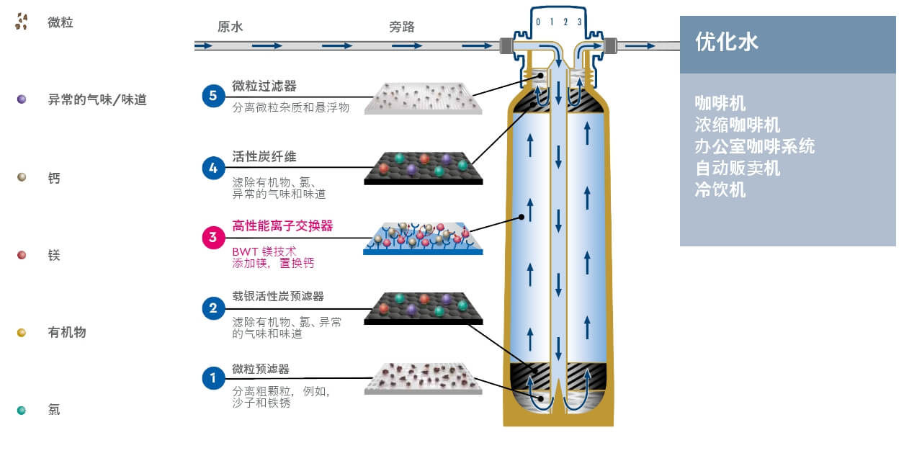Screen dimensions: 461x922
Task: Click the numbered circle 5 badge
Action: (213, 95)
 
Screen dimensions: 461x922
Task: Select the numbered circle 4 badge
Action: (213, 169)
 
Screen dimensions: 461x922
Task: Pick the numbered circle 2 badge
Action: (213, 308)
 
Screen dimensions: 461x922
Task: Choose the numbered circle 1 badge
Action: (213, 377)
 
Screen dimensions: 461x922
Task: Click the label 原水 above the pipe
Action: (230, 27)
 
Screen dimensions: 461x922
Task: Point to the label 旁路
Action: (402, 27)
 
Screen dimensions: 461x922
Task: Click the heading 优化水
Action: (727, 42)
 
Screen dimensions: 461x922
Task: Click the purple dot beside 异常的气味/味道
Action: (22, 99)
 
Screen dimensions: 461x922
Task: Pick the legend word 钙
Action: (54, 178)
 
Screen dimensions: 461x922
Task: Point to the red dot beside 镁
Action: (22, 255)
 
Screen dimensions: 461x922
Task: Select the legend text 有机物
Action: (67, 332)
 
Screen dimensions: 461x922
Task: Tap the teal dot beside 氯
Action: (22, 410)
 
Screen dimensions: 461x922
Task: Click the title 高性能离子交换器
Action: (282, 226)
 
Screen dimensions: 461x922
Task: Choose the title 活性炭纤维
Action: (264, 157)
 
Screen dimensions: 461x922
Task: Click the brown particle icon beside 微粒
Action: (22, 22)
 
